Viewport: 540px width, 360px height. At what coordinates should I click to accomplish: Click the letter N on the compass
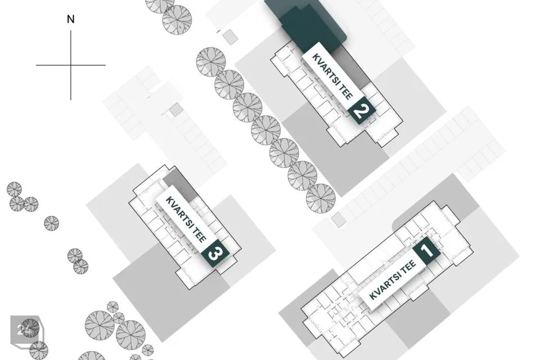[x=71, y=19]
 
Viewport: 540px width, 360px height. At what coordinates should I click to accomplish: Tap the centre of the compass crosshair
[x=71, y=65]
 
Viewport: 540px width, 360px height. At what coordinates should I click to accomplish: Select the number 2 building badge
[x=361, y=110]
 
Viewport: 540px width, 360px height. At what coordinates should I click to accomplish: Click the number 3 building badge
[x=216, y=253]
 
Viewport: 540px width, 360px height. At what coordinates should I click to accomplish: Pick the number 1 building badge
[x=426, y=250]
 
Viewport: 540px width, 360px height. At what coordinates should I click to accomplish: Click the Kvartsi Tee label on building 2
[x=332, y=76]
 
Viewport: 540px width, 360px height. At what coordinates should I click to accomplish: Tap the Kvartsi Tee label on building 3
[x=186, y=219]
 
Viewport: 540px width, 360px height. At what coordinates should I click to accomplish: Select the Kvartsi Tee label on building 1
[x=393, y=280]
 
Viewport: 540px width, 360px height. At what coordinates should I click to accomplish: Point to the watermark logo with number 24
[x=26, y=330]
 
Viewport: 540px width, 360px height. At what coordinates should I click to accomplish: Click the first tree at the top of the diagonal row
[x=211, y=62]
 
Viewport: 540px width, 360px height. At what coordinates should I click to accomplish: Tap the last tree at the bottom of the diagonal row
[x=321, y=199]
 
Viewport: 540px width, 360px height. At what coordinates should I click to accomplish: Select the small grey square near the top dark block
[x=229, y=37]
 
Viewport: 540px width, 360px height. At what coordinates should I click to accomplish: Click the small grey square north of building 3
[x=176, y=110]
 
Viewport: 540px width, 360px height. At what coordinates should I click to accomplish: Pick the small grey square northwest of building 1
[x=339, y=220]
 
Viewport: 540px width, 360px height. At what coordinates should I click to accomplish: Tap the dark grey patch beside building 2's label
[x=351, y=67]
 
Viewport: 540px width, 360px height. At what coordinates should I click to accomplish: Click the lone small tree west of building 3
[x=51, y=223]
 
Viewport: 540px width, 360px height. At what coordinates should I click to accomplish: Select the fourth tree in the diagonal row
[x=265, y=130]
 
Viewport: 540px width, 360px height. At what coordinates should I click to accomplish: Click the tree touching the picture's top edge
[x=159, y=5]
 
